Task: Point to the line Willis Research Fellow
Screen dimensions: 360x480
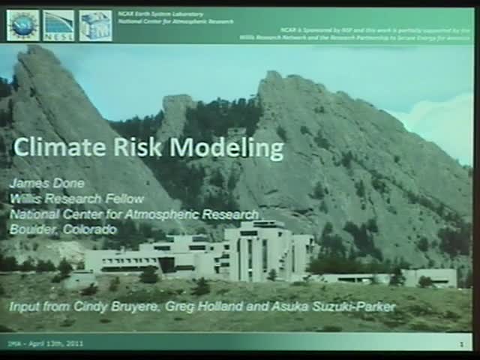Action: point(76,199)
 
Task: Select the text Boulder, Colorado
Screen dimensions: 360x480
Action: point(64,229)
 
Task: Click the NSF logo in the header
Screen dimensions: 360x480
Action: point(23,25)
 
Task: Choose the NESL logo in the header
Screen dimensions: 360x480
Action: point(58,25)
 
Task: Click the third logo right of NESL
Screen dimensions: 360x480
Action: point(95,25)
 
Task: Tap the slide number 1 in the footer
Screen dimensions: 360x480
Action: point(461,344)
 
